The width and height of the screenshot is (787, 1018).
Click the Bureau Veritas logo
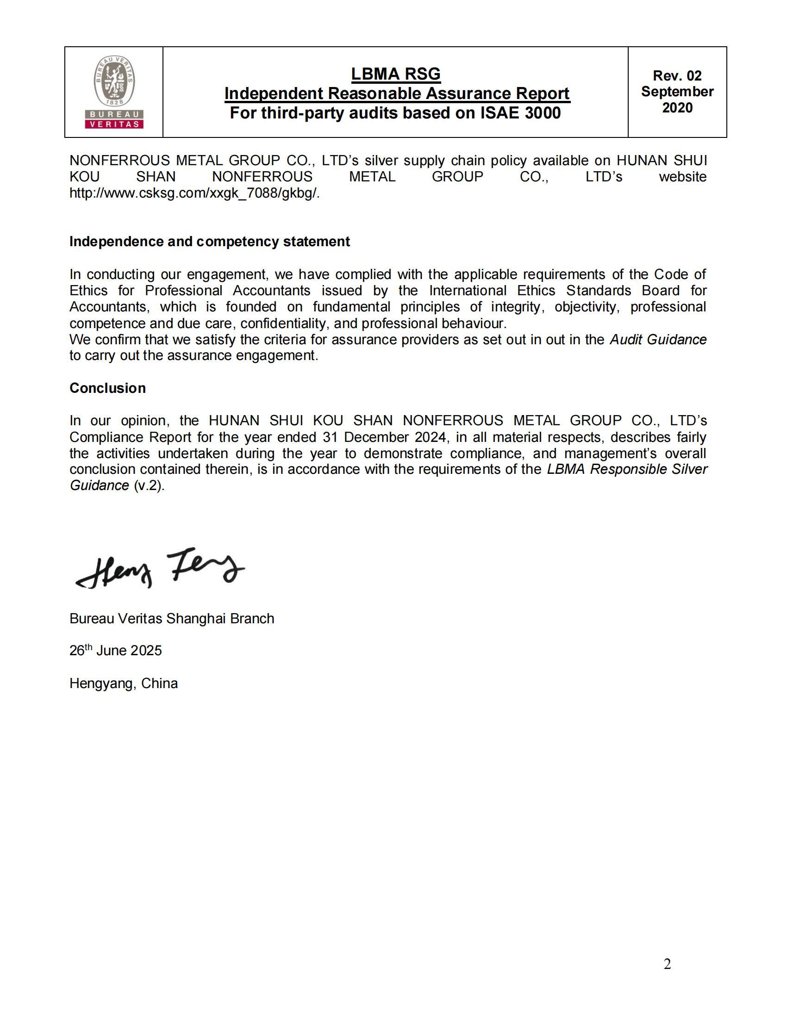tap(114, 92)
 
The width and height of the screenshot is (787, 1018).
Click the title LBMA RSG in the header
tap(395, 74)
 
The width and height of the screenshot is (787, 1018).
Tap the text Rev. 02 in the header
tap(677, 75)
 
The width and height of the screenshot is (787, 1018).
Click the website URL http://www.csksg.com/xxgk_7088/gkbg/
tap(194, 193)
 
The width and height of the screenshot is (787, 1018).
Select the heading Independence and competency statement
tap(209, 242)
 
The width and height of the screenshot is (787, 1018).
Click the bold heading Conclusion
tap(108, 388)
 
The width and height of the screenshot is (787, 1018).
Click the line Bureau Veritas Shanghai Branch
tap(172, 619)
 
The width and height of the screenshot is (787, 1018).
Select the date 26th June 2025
tap(116, 650)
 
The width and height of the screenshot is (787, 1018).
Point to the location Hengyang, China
tap(124, 683)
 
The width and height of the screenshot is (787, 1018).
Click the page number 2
tap(667, 964)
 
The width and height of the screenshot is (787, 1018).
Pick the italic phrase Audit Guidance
tap(658, 339)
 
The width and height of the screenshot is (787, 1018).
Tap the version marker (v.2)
tap(149, 485)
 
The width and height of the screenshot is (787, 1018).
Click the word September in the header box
tap(677, 91)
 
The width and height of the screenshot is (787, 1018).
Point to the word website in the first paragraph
tap(682, 177)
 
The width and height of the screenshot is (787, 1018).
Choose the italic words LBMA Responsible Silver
tap(627, 469)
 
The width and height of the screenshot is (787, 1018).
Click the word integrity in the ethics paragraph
tap(518, 307)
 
